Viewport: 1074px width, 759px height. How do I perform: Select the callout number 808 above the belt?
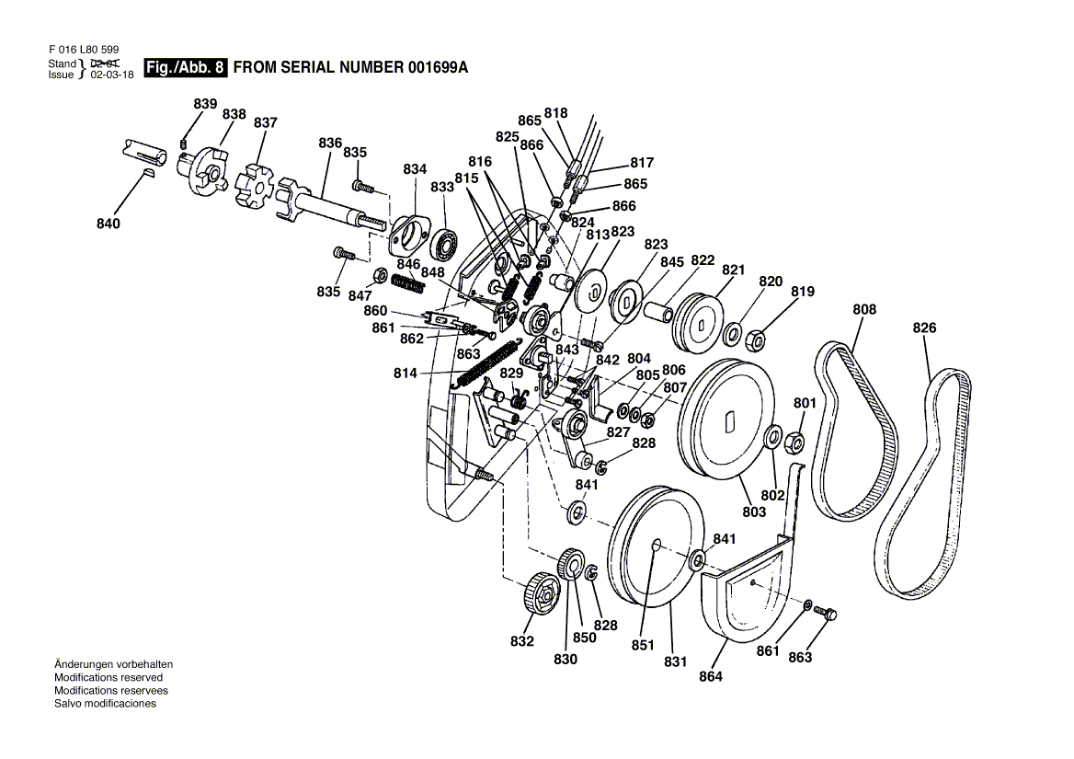[x=864, y=310]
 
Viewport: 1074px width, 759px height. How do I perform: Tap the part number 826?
[x=925, y=328]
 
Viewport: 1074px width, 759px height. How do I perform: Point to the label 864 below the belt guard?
[x=711, y=677]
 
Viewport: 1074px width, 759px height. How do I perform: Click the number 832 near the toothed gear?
[x=522, y=641]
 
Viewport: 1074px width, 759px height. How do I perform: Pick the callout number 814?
[x=406, y=374]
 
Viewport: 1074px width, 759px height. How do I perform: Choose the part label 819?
[x=803, y=292]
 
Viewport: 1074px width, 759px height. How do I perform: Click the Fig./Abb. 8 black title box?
[x=185, y=68]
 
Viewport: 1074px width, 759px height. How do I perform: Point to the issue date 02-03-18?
[x=111, y=75]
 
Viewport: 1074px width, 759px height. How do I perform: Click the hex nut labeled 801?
[x=796, y=443]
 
